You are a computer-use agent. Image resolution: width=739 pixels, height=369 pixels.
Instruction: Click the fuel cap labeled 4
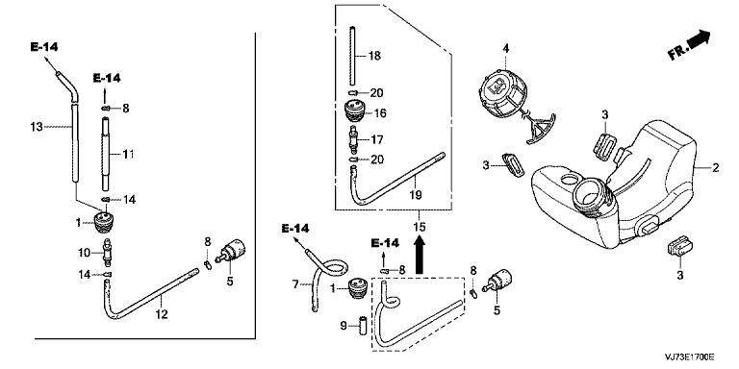tap(502, 94)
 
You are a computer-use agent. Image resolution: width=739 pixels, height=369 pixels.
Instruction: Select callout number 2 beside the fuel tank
tap(716, 167)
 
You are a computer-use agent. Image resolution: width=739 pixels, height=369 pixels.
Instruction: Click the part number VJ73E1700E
tap(690, 357)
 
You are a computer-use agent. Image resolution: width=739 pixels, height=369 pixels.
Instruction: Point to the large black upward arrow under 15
tap(419, 255)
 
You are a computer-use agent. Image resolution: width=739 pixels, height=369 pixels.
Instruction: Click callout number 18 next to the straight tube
tap(374, 56)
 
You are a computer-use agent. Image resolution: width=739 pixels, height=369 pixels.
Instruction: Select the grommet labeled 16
tap(356, 112)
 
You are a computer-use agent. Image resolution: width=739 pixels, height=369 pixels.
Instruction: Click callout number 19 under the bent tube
tap(416, 194)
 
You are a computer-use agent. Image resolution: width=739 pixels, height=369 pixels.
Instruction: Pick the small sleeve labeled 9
tap(364, 326)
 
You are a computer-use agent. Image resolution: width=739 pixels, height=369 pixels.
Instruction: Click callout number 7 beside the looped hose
tap(295, 284)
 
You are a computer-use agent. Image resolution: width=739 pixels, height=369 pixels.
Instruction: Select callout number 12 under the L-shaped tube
tap(162, 314)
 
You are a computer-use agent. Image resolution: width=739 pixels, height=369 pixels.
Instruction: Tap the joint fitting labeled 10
tap(108, 254)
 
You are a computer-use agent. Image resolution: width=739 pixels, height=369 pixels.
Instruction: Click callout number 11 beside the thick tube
tap(128, 154)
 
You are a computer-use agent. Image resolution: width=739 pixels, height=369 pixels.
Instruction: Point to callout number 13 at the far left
tap(37, 127)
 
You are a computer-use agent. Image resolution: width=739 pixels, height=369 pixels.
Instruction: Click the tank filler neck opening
tap(586, 193)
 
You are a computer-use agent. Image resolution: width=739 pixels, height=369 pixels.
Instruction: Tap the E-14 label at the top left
tap(44, 46)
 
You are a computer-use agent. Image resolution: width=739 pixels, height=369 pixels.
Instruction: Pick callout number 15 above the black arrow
tap(419, 228)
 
